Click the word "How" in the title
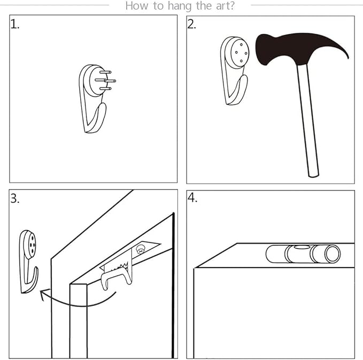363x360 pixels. click(x=136, y=6)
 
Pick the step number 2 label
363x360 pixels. click(x=192, y=24)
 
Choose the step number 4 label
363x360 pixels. click(x=192, y=198)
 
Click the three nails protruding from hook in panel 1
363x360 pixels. click(x=107, y=80)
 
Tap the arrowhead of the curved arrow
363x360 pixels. click(x=42, y=294)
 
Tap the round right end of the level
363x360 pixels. click(x=333, y=254)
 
